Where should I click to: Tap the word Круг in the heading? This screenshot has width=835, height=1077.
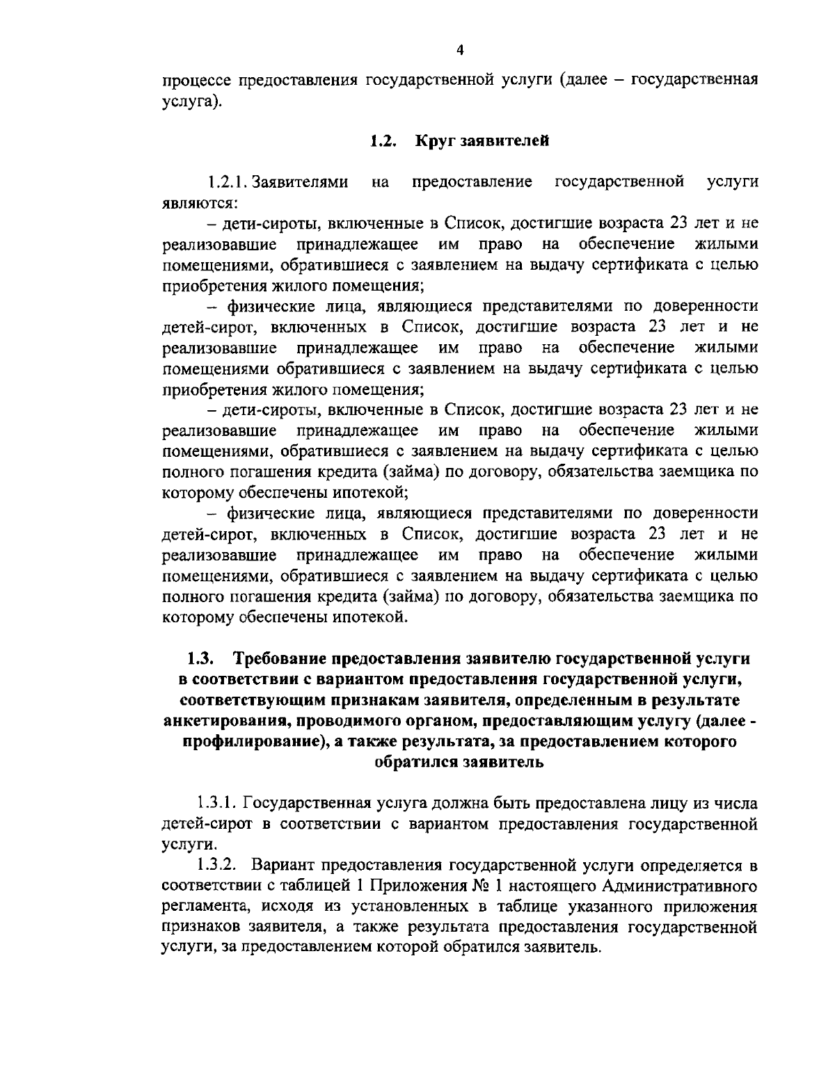coord(434,141)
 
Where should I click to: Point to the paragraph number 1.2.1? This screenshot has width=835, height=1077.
coord(228,183)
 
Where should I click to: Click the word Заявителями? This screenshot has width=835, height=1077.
coord(300,183)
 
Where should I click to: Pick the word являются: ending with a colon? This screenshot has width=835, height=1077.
coord(201,204)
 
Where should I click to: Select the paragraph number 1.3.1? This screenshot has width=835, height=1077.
coord(218,803)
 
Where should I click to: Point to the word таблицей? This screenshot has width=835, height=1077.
coord(331,886)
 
